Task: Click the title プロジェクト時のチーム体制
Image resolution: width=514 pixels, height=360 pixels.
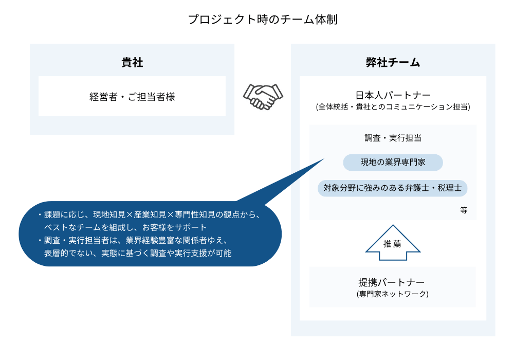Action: [x=263, y=20]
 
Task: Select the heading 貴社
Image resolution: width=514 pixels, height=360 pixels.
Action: [x=132, y=62]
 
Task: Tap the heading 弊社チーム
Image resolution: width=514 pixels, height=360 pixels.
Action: [x=393, y=62]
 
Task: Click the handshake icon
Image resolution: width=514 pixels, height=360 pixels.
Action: [x=263, y=97]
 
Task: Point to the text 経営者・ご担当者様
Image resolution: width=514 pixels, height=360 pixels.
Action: [x=132, y=97]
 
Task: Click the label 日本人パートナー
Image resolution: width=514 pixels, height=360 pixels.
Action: [x=393, y=95]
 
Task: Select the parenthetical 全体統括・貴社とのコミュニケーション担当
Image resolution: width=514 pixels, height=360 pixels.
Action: [x=393, y=107]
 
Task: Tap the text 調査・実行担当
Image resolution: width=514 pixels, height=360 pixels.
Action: [x=393, y=138]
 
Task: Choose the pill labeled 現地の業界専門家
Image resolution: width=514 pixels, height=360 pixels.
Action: [x=393, y=163]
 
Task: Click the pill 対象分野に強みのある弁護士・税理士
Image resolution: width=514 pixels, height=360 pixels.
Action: [x=392, y=188]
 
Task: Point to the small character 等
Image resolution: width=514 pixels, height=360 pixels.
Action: [x=464, y=210]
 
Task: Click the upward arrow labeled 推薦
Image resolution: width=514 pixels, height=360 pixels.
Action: [x=393, y=243]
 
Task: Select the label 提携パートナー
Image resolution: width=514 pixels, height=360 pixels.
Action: [x=391, y=282]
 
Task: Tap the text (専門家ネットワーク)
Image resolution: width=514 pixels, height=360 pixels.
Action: [x=392, y=294]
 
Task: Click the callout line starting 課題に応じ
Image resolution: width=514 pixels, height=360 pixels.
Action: [x=150, y=215]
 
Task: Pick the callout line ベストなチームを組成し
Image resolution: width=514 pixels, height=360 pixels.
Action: [x=125, y=227]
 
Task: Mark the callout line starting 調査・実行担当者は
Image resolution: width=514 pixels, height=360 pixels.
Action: [x=133, y=240]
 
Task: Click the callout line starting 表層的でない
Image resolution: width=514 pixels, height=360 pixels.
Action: [x=138, y=253]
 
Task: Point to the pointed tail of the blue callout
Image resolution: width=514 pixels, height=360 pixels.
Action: [x=324, y=159]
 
